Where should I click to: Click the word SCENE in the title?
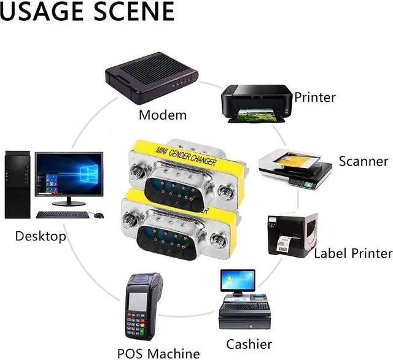[x=130, y=12]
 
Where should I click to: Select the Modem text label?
[x=163, y=115]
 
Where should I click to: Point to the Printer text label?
[x=315, y=97]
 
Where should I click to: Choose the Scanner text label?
[x=364, y=161]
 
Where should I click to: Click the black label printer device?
[x=287, y=234]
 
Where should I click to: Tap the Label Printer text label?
[x=352, y=253]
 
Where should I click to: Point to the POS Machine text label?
[x=158, y=353]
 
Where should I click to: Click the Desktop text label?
[x=41, y=236]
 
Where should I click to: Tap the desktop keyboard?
[x=63, y=215]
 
